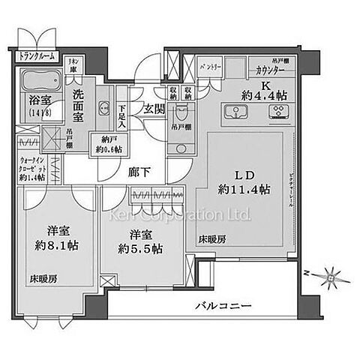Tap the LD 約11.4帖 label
(x=238, y=180)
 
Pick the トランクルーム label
(x=34, y=54)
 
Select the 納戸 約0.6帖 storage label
(x=104, y=143)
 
